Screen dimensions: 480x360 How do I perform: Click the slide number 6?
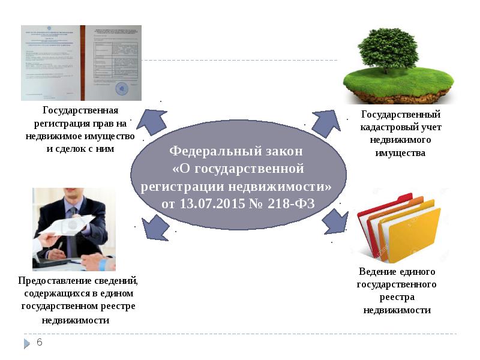pyautogui.click(x=40, y=342)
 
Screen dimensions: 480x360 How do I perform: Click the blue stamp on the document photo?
pyautogui.click(x=122, y=88)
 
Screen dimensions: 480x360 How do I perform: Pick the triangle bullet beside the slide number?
pyautogui.click(x=26, y=343)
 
